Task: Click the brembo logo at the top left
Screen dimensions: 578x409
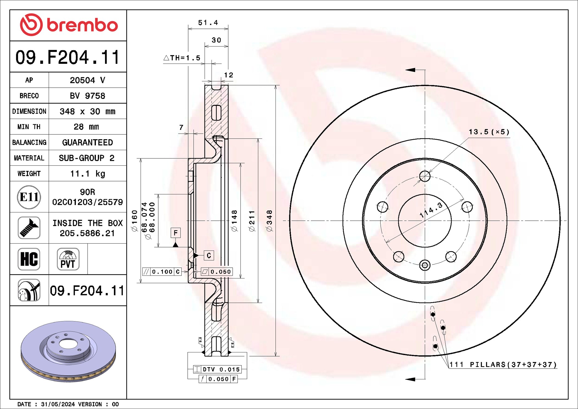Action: (x=69, y=25)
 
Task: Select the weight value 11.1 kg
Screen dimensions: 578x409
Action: (x=88, y=174)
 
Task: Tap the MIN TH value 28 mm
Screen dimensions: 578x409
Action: (x=86, y=127)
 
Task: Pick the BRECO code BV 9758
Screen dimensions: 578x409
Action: (x=87, y=96)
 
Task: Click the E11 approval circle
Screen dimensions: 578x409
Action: (x=29, y=197)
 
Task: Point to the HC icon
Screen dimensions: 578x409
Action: (x=29, y=259)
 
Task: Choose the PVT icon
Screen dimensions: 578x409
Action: (x=68, y=259)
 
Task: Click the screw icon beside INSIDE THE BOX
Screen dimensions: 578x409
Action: (x=29, y=228)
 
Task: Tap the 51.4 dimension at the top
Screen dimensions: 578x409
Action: (x=208, y=23)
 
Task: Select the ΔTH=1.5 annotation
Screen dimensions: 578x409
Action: (x=182, y=58)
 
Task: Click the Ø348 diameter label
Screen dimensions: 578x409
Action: (x=269, y=221)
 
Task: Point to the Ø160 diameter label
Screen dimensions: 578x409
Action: (x=134, y=221)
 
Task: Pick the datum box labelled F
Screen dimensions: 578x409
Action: (x=176, y=233)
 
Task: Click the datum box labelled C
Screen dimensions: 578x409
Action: (x=209, y=256)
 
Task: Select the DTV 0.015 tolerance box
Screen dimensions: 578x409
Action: (x=217, y=369)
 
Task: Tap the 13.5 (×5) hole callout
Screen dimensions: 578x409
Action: (x=489, y=132)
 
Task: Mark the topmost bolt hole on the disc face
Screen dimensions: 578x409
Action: (x=425, y=176)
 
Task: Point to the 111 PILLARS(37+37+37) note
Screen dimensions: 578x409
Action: (x=503, y=365)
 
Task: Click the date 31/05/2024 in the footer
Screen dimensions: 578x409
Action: (x=58, y=404)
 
